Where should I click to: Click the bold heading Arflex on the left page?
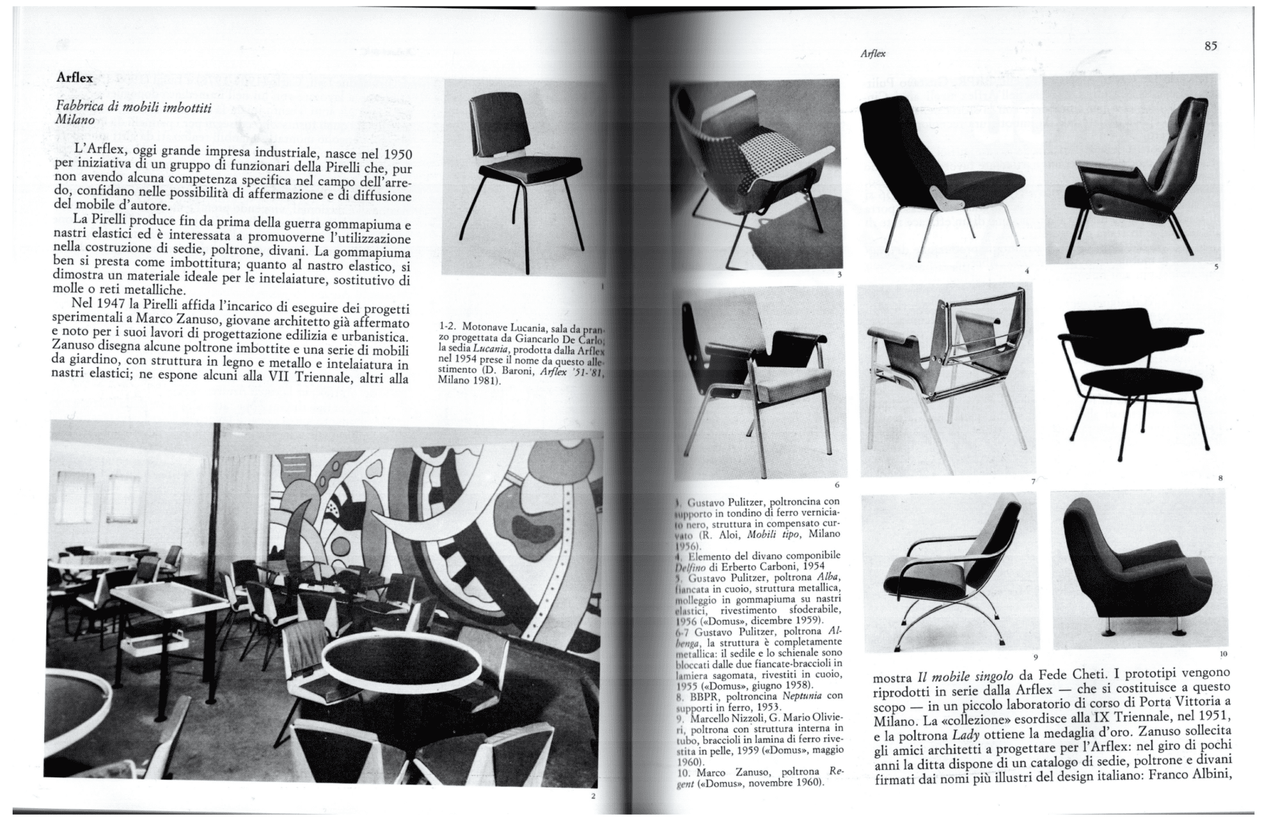(x=75, y=78)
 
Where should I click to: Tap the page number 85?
(x=1210, y=46)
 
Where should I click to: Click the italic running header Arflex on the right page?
(x=873, y=54)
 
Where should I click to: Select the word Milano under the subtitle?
(x=76, y=120)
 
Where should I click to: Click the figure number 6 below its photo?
(x=837, y=484)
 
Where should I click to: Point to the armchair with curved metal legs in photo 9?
(x=950, y=575)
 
